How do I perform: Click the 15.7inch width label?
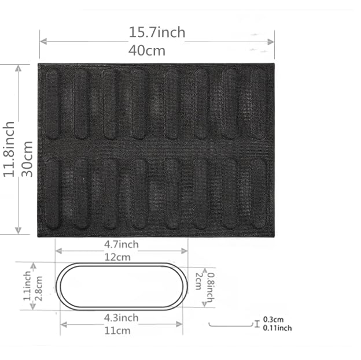[x=157, y=32]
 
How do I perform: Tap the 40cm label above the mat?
[x=147, y=51]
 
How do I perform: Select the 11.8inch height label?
[x=9, y=149]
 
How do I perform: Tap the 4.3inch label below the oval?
[x=121, y=318]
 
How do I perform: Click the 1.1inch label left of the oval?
[x=27, y=287]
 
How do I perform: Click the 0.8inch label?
[x=212, y=287]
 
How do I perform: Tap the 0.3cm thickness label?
[x=273, y=319]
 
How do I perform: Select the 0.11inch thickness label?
[x=277, y=328]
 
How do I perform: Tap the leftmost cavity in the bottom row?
[x=53, y=193]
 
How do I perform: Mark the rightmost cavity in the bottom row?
[x=258, y=193]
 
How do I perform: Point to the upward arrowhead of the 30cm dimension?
[x=19, y=68]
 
